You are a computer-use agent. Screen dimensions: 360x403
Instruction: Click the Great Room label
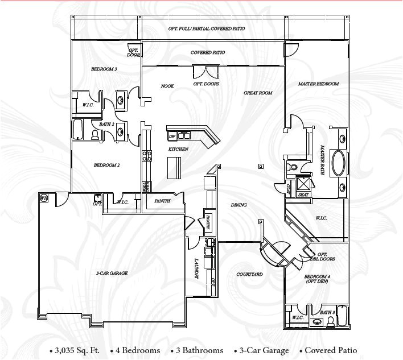[258, 93]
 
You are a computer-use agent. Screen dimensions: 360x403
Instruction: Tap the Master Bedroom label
[318, 84]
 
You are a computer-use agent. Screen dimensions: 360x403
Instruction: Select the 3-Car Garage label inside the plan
[112, 273]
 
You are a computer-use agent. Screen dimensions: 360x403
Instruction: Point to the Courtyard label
[249, 274]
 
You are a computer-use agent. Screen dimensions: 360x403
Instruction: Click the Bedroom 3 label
[104, 69]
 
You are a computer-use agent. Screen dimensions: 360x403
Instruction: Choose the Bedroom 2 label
[106, 165]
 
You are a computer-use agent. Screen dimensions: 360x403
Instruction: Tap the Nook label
[167, 86]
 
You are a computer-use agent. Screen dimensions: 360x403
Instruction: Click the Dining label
[238, 205]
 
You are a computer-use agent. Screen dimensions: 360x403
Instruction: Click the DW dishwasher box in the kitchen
[172, 136]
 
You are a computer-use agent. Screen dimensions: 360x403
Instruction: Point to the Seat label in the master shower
[304, 195]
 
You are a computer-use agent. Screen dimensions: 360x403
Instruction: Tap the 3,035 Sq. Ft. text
[71, 350]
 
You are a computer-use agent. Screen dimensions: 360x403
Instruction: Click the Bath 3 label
[327, 312]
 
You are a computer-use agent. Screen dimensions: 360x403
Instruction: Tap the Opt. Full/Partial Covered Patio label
[208, 28]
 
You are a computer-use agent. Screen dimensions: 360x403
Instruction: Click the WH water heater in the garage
[43, 198]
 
